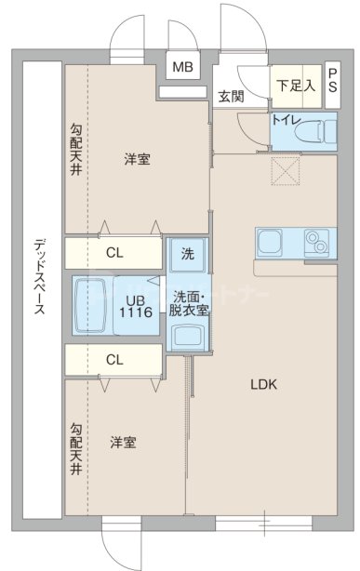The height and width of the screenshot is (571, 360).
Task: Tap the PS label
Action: point(332,81)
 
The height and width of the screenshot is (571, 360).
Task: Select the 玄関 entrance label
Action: point(232,96)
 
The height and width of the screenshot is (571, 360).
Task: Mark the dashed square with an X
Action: point(283,170)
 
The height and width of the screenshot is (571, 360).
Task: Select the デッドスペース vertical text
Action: point(39,279)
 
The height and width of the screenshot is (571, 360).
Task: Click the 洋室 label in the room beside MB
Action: point(138,159)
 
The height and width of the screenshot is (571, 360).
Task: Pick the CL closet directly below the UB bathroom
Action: point(114,359)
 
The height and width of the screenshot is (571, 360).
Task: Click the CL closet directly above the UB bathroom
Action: point(114,251)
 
